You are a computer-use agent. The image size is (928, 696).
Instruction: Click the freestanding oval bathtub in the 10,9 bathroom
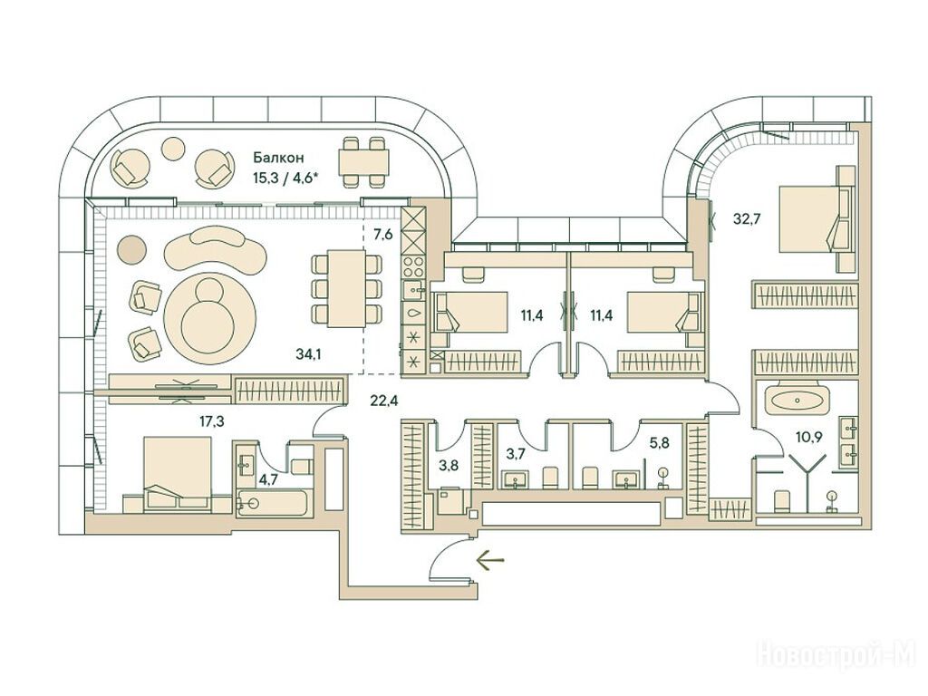[x=795, y=399]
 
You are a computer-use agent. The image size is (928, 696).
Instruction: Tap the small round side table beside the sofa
[x=132, y=246]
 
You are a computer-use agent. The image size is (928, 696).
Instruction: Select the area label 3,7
[x=516, y=453]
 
